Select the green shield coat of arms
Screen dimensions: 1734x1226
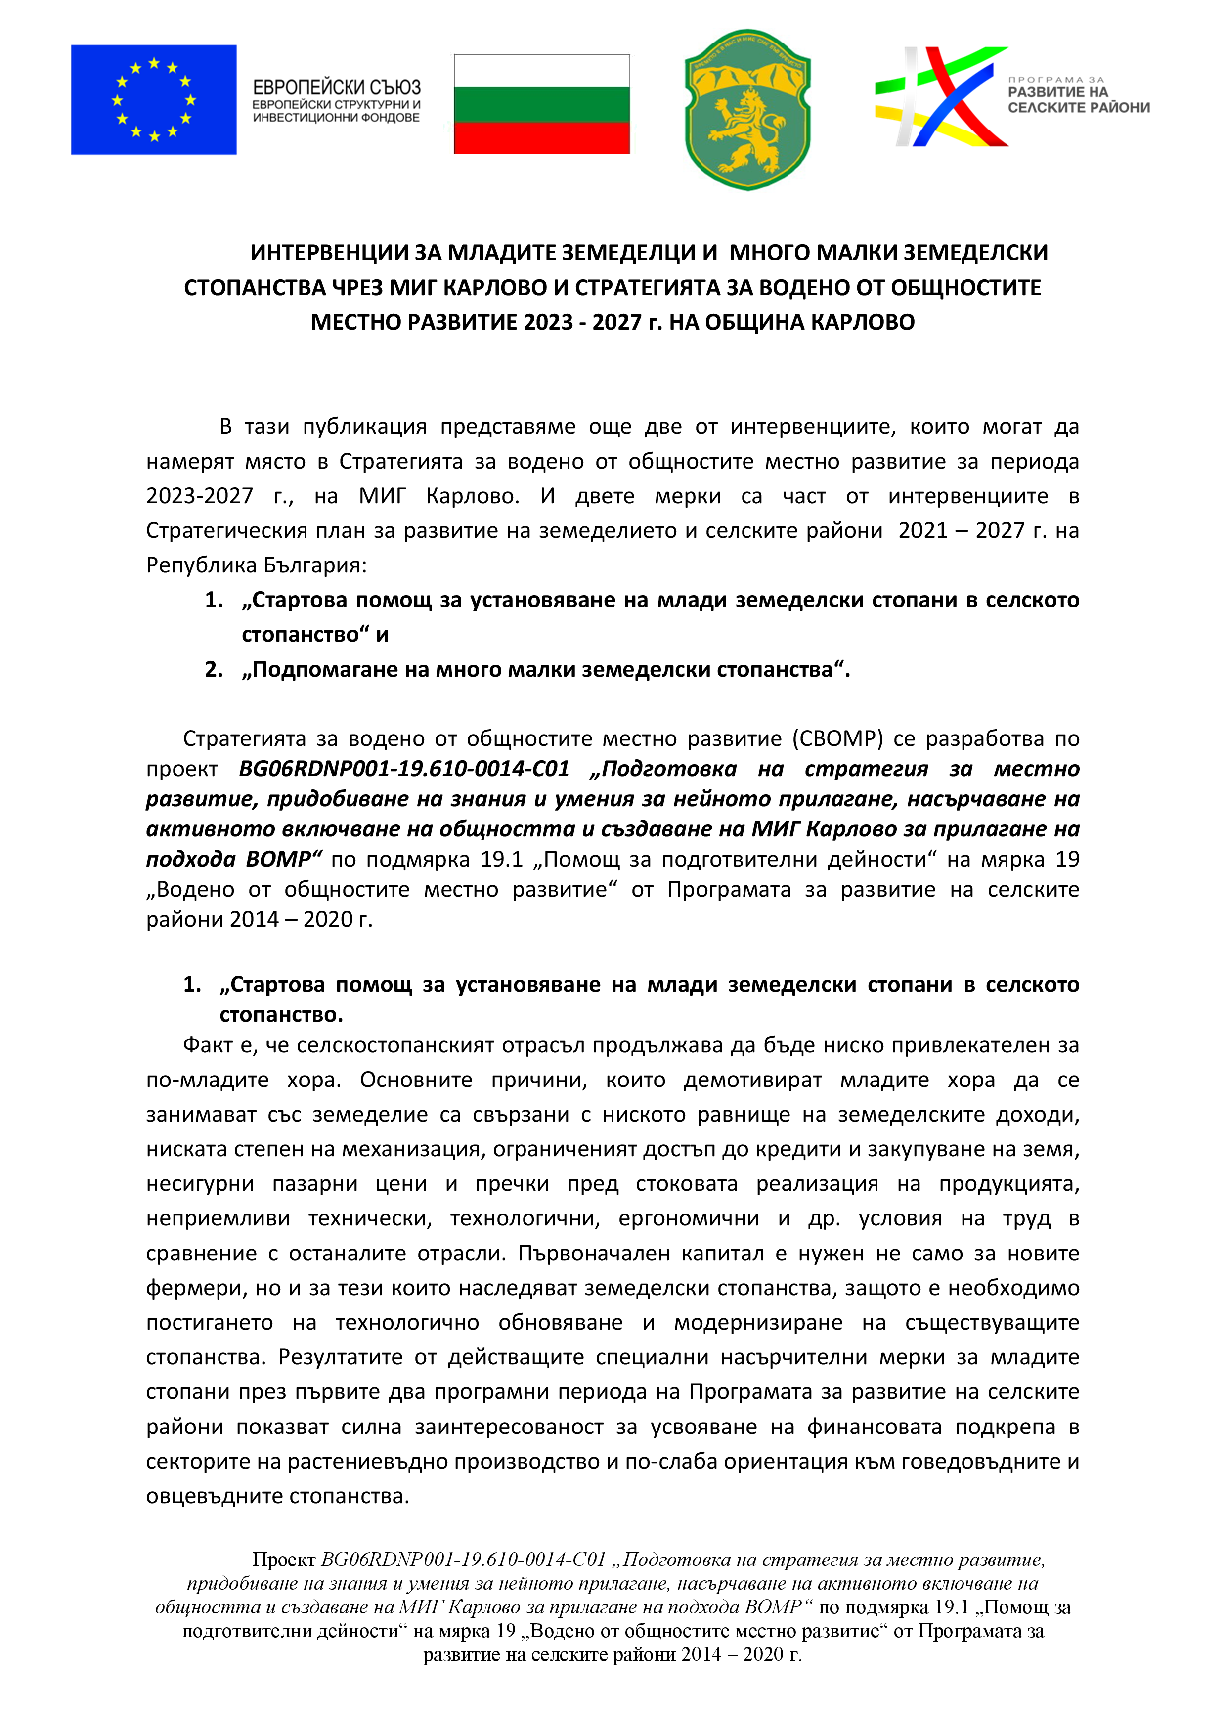tap(747, 110)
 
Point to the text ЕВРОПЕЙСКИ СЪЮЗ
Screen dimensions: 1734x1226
tap(336, 87)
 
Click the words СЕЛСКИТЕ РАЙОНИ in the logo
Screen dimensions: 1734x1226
tap(1078, 107)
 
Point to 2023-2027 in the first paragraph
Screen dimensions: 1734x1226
tap(199, 496)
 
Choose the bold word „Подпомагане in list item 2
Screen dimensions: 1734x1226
tap(318, 669)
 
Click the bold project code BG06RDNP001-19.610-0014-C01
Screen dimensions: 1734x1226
tap(404, 769)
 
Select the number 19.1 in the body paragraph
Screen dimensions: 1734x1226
tap(502, 860)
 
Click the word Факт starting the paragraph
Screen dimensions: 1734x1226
tap(208, 1045)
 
